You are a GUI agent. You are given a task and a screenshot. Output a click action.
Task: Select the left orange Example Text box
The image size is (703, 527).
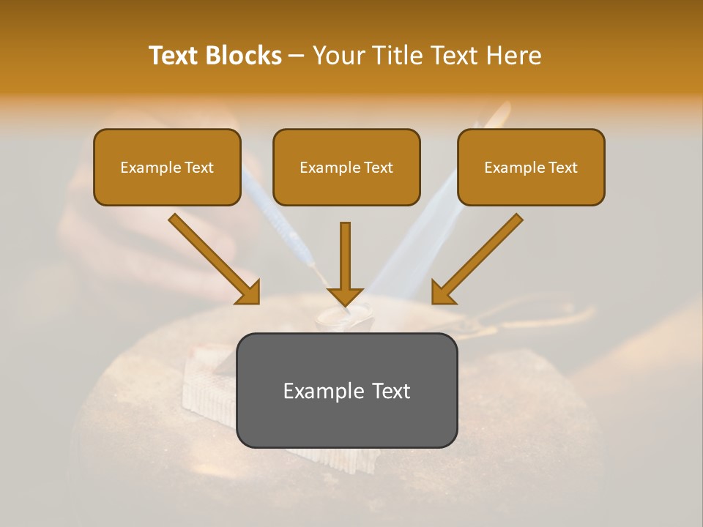pyautogui.click(x=167, y=168)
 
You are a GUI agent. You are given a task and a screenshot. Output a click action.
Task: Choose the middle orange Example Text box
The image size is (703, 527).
pyautogui.click(x=346, y=168)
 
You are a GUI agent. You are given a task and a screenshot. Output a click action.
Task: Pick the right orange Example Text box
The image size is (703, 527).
pyautogui.click(x=531, y=168)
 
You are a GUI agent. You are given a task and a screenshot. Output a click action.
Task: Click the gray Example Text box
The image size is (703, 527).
pyautogui.click(x=346, y=391)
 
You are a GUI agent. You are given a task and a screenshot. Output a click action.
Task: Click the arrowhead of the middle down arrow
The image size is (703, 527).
pyautogui.click(x=345, y=296)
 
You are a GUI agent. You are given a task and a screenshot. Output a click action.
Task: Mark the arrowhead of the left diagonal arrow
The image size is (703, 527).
pyautogui.click(x=248, y=293)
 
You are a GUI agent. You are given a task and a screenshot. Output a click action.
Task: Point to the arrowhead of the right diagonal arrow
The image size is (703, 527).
pyautogui.click(x=442, y=293)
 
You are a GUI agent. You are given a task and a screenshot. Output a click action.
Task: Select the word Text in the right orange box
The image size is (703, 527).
pyautogui.click(x=562, y=168)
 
